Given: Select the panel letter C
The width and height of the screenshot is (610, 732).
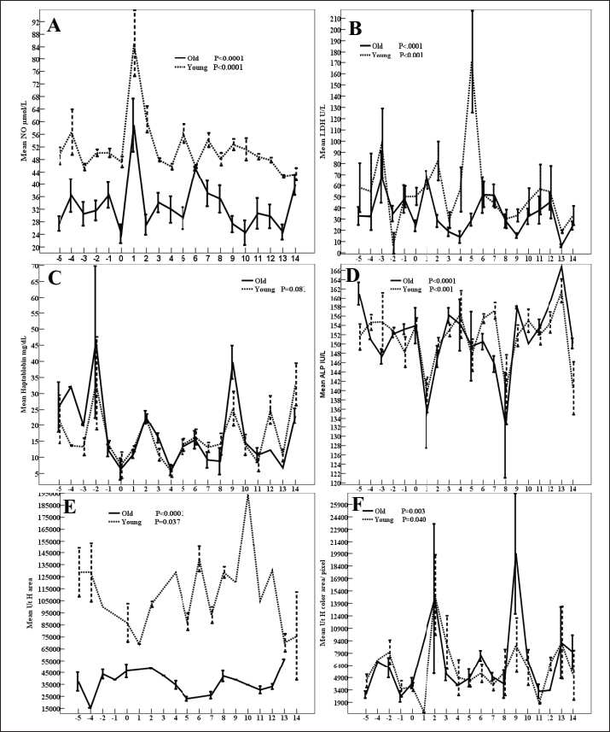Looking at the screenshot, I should pos(54,278).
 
